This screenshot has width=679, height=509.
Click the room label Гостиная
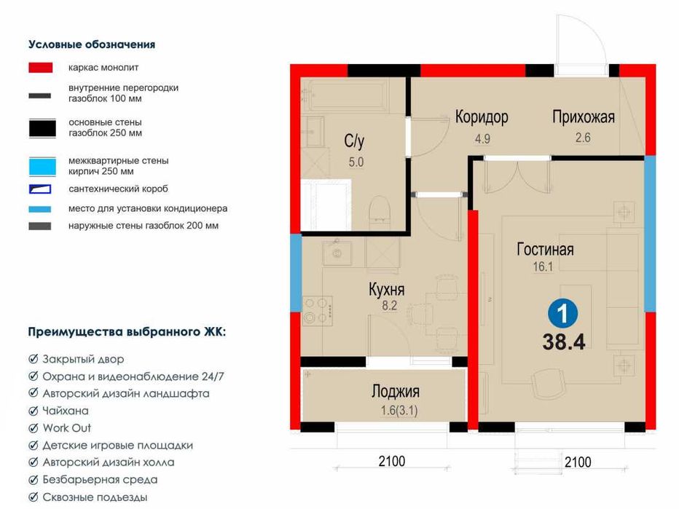(545, 250)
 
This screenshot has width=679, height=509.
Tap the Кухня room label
(386, 291)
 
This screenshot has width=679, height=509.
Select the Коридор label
(482, 117)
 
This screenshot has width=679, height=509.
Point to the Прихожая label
(584, 117)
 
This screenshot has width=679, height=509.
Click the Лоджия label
(396, 392)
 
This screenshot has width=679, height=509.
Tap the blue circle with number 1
(562, 314)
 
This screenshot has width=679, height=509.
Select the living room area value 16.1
(543, 267)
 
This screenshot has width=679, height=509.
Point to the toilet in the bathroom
(380, 211)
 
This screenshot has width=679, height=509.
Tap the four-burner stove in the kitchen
(318, 309)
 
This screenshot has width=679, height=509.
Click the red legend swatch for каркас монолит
(40, 68)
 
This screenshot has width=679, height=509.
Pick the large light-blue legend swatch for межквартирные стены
(42, 165)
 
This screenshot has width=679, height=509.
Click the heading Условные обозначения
(92, 44)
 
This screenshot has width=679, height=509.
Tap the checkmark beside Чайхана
(34, 411)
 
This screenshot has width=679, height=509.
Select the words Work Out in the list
(67, 428)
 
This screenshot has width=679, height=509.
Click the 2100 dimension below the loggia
(391, 461)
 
